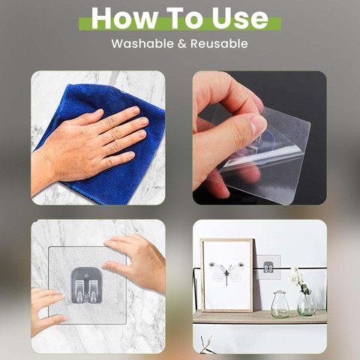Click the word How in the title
point(124,18)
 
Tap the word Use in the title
point(240,18)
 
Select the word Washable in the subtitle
point(142,43)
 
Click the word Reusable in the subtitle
point(219,43)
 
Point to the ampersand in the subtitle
point(182,43)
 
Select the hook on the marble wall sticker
point(86,286)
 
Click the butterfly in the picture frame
point(226,271)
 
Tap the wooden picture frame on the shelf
point(227,275)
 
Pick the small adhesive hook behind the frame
point(268,267)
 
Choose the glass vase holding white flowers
point(307,304)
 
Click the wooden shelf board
point(259,316)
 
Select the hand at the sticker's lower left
point(46,310)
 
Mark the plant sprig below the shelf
point(207,345)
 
